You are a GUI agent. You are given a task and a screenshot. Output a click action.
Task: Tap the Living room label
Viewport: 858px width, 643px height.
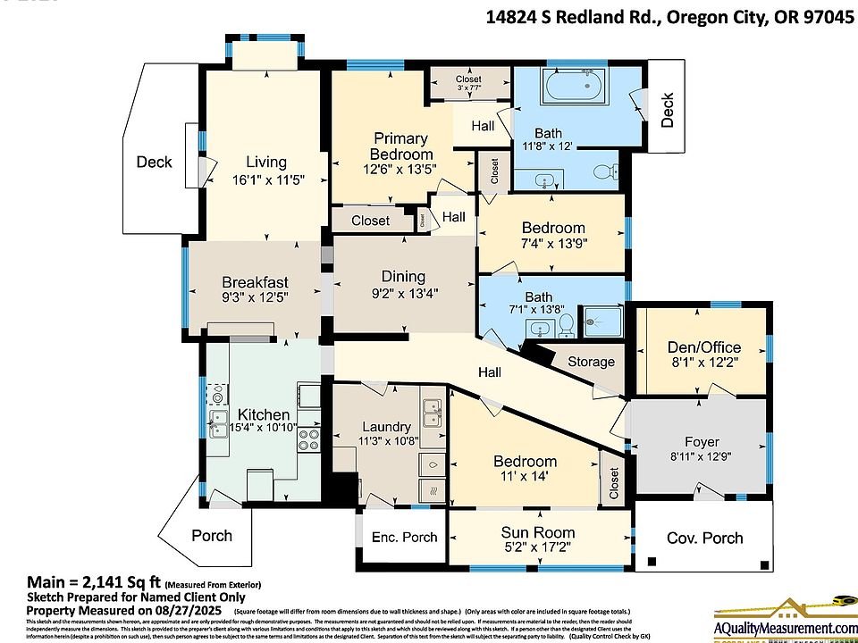[266, 162]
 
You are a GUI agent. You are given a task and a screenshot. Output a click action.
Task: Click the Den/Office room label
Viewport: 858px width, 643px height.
[702, 347]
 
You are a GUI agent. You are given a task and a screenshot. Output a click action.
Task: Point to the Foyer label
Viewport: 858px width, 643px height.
[702, 442]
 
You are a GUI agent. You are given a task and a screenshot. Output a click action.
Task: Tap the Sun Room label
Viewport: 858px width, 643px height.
[538, 532]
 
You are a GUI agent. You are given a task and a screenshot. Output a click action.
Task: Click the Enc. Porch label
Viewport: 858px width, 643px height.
[404, 537]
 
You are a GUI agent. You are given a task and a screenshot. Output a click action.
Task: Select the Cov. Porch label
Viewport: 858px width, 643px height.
[705, 538]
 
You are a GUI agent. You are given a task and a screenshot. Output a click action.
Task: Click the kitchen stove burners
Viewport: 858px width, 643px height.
[308, 438]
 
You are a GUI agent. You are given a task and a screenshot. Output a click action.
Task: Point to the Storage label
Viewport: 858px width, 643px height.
[591, 362]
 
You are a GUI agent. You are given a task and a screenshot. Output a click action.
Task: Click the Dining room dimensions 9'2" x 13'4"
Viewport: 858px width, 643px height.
[403, 293]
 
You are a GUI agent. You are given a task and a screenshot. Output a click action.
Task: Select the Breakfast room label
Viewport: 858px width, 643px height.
[255, 282]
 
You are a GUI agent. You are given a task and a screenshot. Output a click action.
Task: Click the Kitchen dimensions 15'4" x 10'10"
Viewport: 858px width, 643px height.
[264, 429]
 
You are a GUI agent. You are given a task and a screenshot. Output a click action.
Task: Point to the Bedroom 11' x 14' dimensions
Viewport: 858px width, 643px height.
[525, 477]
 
